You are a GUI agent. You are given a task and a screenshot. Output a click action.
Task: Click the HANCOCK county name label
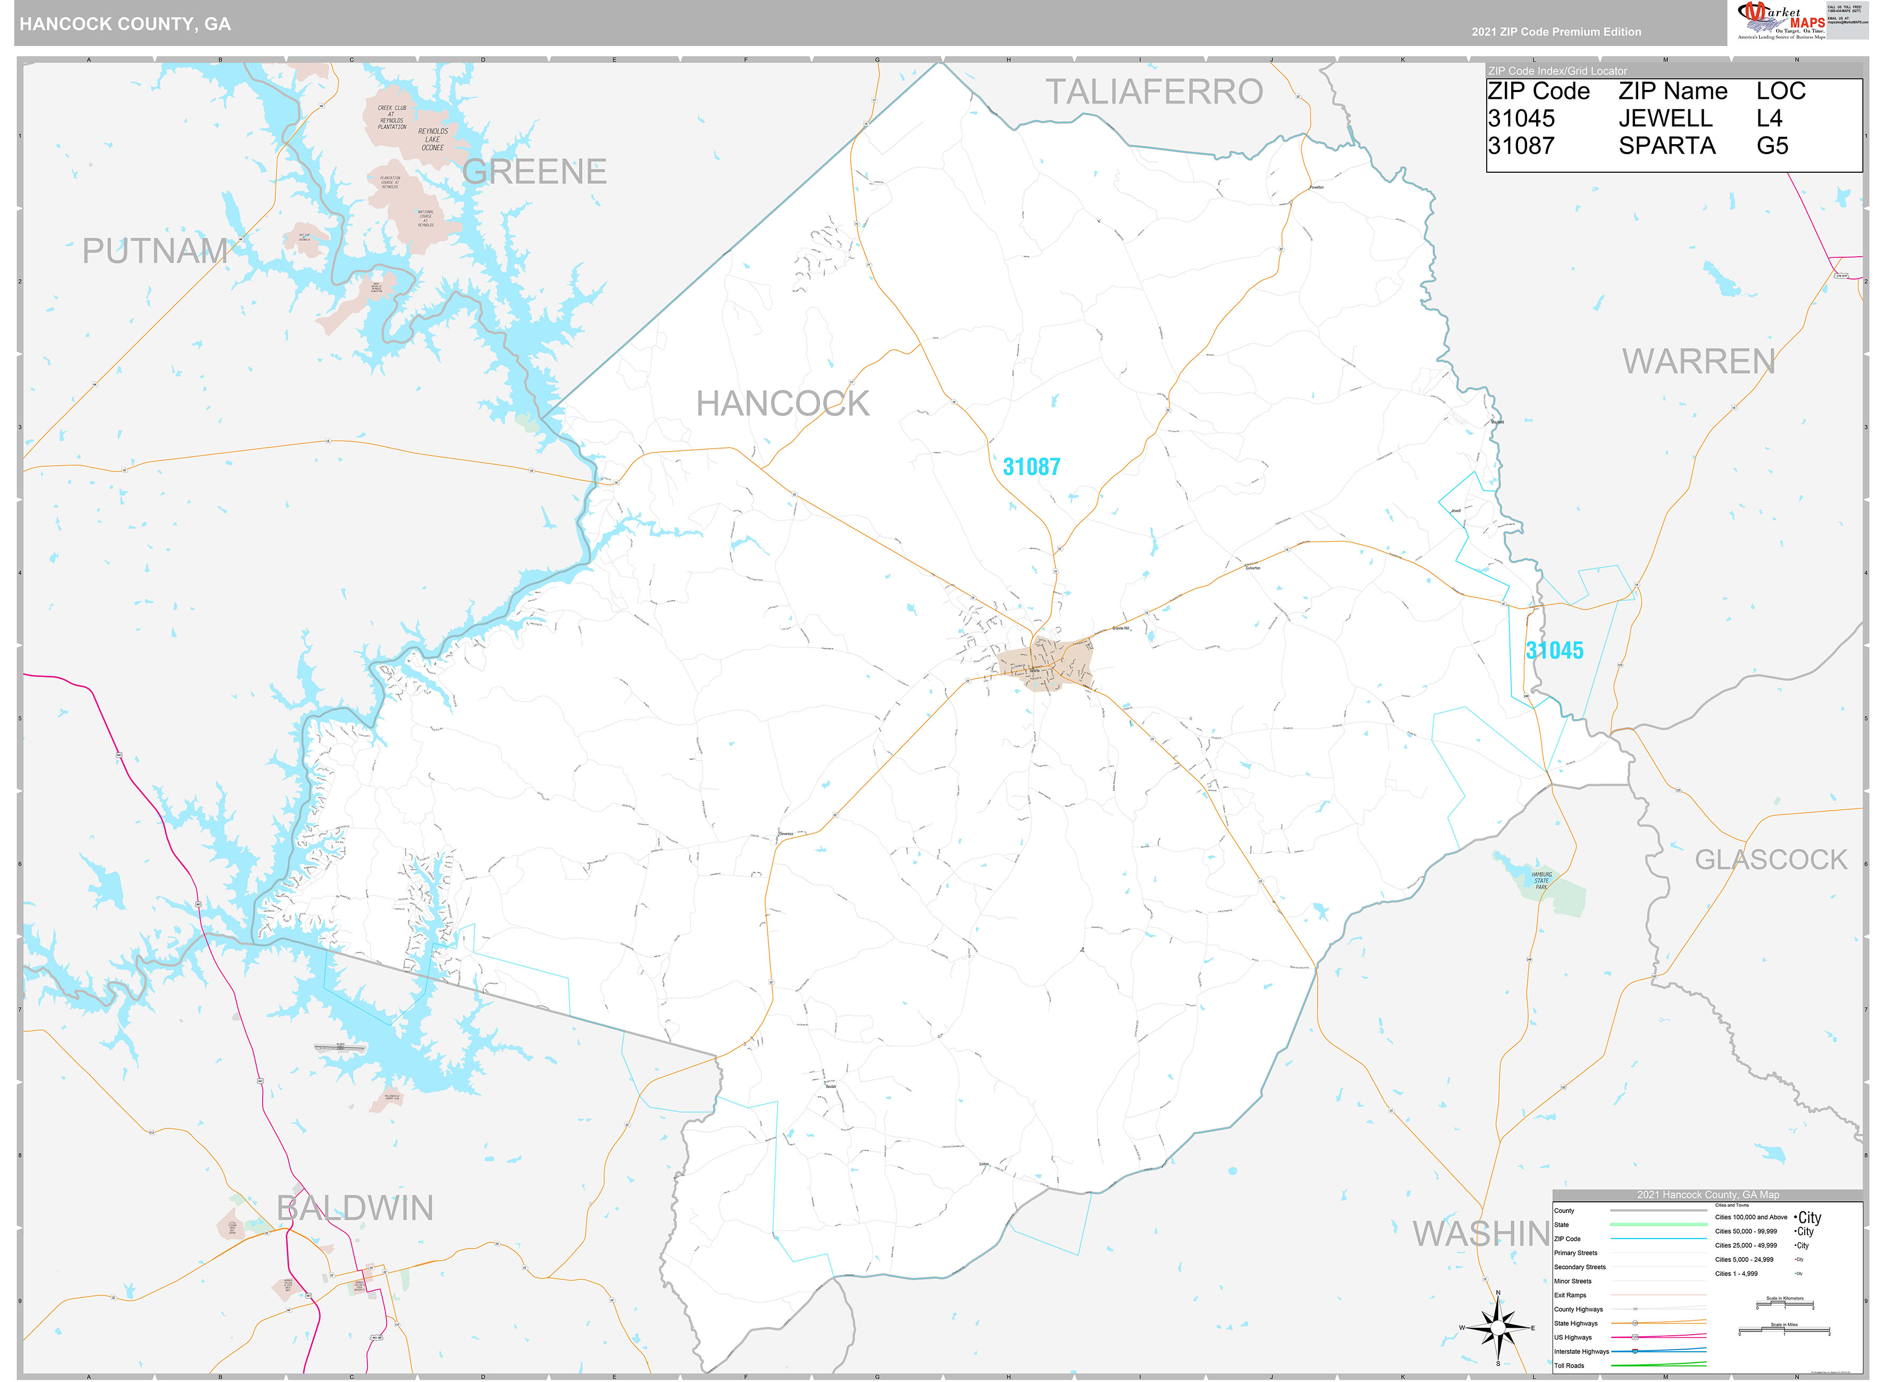coord(782,404)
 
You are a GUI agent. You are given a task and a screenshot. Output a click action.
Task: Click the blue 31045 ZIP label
coord(1554,650)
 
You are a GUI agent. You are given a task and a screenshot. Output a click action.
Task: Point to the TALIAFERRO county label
coord(1154,92)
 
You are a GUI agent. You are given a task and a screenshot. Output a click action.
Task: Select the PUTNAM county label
coord(155,251)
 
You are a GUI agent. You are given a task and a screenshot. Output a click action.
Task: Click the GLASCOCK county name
coord(1770,860)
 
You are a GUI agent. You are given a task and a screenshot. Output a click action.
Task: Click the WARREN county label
coord(1698,361)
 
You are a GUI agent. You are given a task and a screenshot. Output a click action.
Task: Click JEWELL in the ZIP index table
coord(1665,119)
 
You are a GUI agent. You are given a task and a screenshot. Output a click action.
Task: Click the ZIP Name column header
coord(1672,91)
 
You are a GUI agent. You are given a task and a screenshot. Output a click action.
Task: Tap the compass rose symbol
coord(1497,1328)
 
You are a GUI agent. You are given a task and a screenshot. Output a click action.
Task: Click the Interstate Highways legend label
coord(1580,1351)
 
